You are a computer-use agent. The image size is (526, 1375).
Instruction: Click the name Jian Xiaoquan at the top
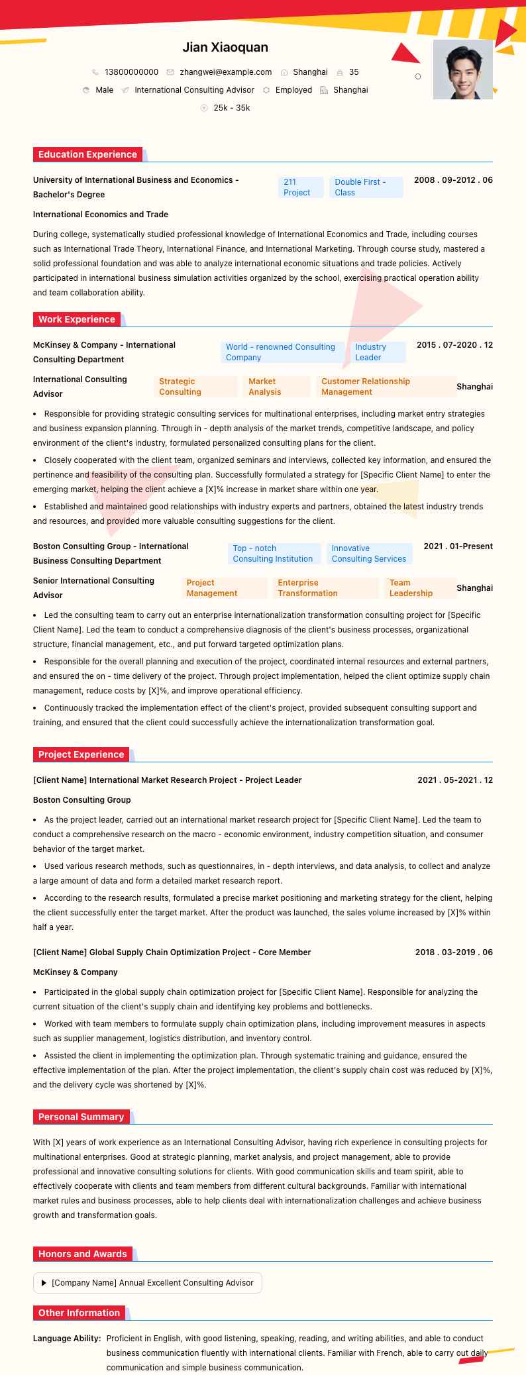pyautogui.click(x=225, y=48)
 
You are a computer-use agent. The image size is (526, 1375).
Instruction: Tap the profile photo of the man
pyautogui.click(x=462, y=70)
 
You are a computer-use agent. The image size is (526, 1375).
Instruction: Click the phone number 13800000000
pyautogui.click(x=131, y=72)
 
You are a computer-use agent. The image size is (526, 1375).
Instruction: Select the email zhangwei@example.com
pyautogui.click(x=225, y=72)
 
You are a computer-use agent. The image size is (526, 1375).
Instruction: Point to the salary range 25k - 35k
pyautogui.click(x=231, y=108)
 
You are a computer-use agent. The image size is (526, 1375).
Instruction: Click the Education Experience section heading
pyautogui.click(x=87, y=154)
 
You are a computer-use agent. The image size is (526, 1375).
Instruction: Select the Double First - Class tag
pyautogui.click(x=366, y=187)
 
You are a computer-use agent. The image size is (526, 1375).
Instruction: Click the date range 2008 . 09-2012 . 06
pyautogui.click(x=453, y=180)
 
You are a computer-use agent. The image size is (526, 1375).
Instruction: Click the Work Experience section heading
pyautogui.click(x=77, y=319)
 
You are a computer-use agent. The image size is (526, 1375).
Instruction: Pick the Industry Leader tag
pyautogui.click(x=378, y=352)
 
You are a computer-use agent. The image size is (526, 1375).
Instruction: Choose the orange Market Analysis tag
pyautogui.click(x=276, y=387)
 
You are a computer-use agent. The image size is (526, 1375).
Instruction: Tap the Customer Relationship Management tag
pyautogui.click(x=386, y=387)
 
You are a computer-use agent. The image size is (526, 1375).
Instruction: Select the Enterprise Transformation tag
pyautogui.click(x=325, y=588)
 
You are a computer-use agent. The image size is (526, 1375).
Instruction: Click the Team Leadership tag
pyautogui.click(x=419, y=588)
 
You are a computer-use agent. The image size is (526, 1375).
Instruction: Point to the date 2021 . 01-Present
pyautogui.click(x=458, y=546)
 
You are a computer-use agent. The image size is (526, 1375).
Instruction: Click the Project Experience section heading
pyautogui.click(x=81, y=754)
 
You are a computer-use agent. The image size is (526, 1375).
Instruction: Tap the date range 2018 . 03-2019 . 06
pyautogui.click(x=454, y=952)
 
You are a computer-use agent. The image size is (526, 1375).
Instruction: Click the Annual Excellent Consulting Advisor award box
pyautogui.click(x=148, y=1282)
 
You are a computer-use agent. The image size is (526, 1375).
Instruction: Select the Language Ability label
pyautogui.click(x=67, y=1339)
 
